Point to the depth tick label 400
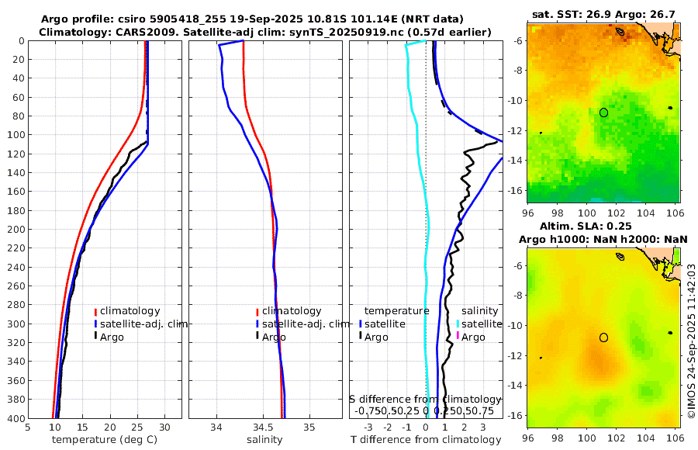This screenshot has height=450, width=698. click(15, 418)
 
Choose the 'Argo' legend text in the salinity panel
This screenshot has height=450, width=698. click(274, 337)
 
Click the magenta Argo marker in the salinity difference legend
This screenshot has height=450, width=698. click(458, 336)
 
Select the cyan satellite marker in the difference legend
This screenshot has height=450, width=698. click(458, 324)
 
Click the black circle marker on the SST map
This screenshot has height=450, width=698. click(603, 112)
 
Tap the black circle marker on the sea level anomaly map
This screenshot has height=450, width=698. click(603, 337)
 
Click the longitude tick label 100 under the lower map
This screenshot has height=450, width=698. click(586, 438)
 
